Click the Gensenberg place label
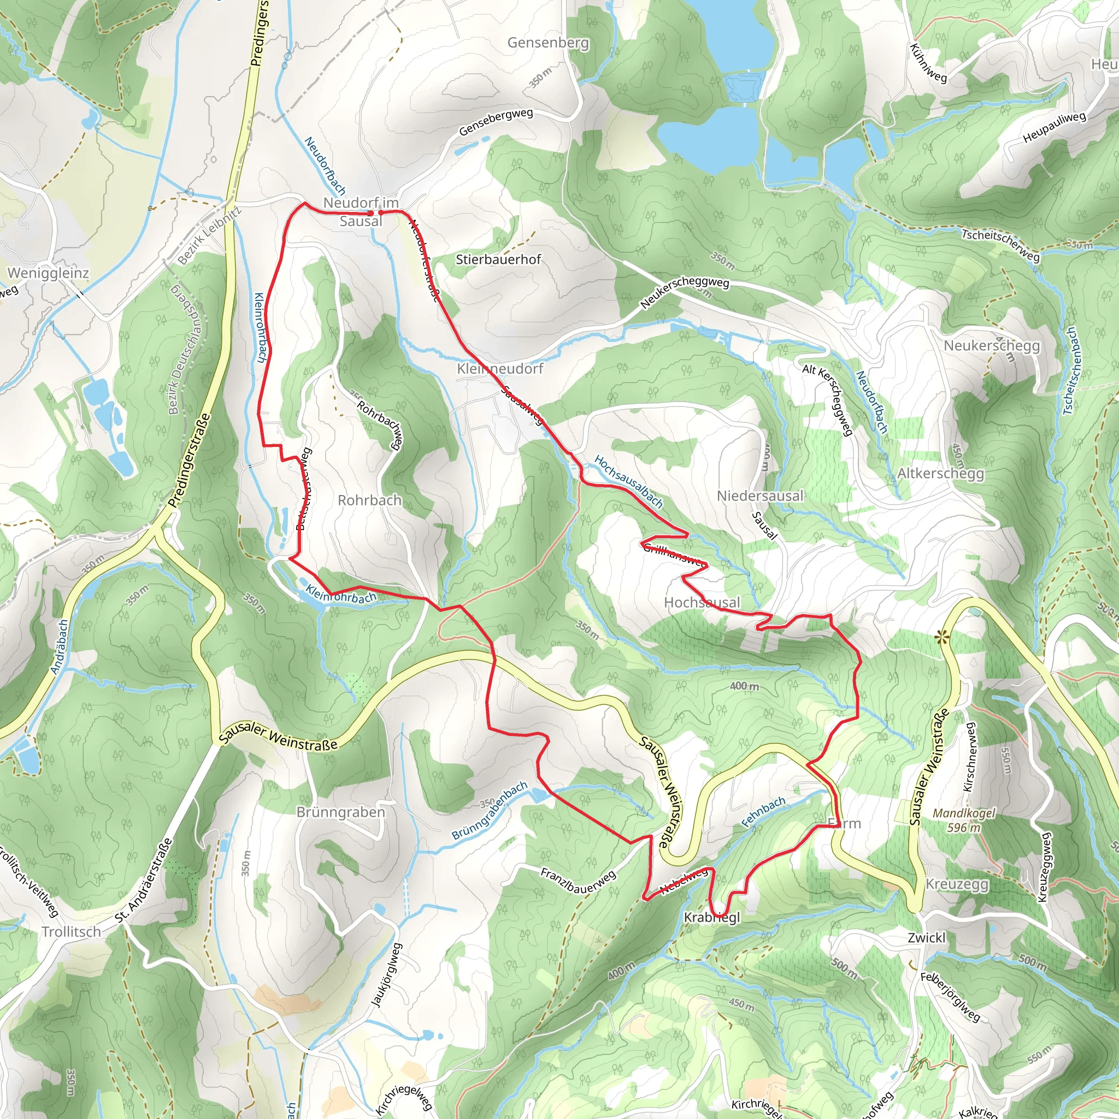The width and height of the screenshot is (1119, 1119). [548, 43]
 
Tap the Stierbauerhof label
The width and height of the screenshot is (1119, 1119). [498, 260]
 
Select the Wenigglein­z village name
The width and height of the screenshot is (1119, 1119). [48, 273]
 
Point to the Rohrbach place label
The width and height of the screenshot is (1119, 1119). [369, 500]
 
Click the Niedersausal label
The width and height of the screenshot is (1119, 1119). [760, 496]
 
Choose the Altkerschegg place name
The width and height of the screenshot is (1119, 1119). [941, 473]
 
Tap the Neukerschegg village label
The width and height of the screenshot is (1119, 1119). [992, 346]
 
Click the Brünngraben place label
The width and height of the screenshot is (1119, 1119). [340, 812]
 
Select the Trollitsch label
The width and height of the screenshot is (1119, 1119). [71, 932]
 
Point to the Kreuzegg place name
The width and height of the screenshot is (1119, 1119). [957, 885]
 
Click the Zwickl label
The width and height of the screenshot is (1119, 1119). [927, 937]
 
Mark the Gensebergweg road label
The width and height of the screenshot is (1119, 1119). [496, 122]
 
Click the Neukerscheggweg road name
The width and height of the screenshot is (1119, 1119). [685, 292]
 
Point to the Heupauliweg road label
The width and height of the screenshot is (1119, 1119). [1054, 127]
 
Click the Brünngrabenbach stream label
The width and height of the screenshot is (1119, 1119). [490, 811]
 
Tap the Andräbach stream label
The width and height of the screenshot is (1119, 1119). [60, 647]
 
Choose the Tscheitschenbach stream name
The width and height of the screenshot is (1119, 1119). [1069, 371]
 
